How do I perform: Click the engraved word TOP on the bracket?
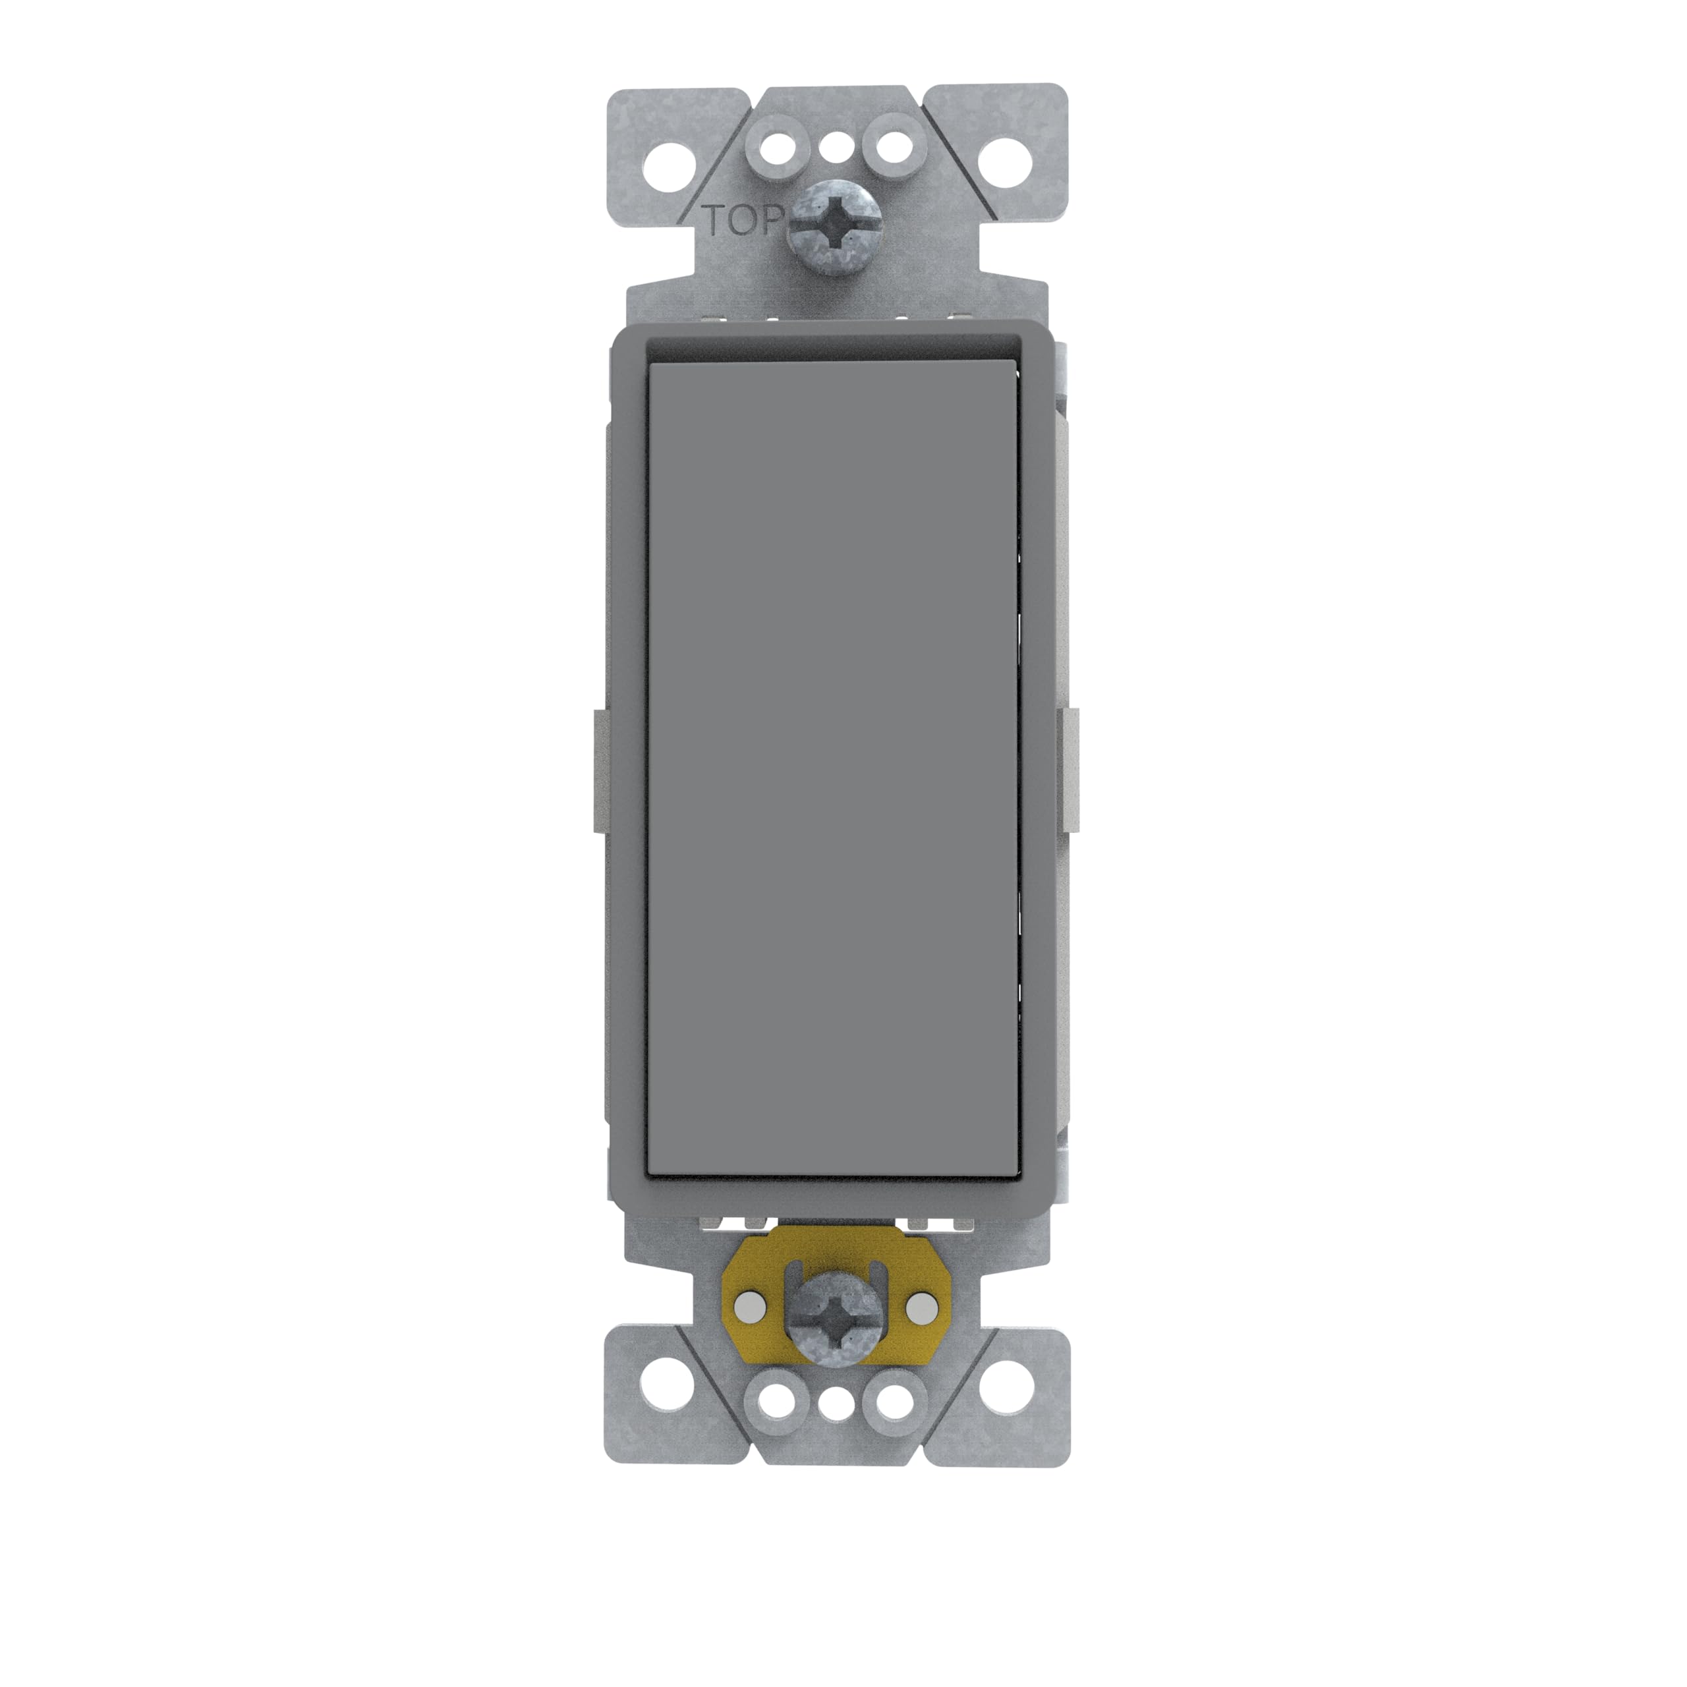pos(741,221)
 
